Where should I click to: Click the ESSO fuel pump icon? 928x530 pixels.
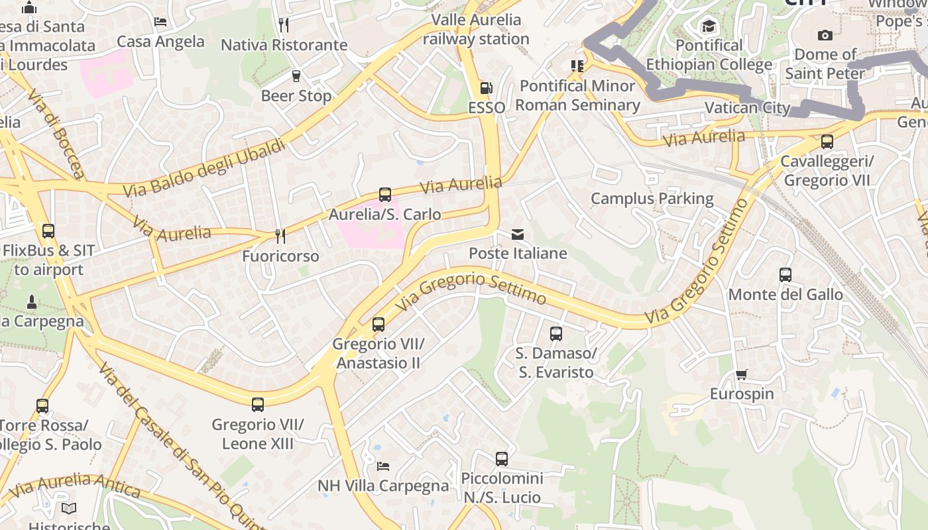pyautogui.click(x=486, y=88)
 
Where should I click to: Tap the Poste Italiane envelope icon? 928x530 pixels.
pyautogui.click(x=517, y=235)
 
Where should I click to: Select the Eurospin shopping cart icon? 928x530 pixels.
pyautogui.click(x=742, y=375)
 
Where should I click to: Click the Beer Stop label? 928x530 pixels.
pyautogui.click(x=296, y=96)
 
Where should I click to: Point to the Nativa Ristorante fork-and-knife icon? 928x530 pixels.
pyautogui.click(x=284, y=25)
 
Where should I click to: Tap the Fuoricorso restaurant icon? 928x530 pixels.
pyautogui.click(x=280, y=237)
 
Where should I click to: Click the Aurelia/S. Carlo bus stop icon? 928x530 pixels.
pyautogui.click(x=385, y=195)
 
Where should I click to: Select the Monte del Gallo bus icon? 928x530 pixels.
pyautogui.click(x=785, y=275)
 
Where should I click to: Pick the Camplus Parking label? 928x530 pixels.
pyautogui.click(x=652, y=199)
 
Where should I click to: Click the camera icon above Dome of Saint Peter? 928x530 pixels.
pyautogui.click(x=825, y=35)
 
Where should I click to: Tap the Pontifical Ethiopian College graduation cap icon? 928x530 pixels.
pyautogui.click(x=709, y=26)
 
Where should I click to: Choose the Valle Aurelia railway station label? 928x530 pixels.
pyautogui.click(x=476, y=29)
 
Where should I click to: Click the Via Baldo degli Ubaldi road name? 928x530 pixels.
pyautogui.click(x=205, y=168)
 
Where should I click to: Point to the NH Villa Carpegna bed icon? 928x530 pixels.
pyautogui.click(x=383, y=466)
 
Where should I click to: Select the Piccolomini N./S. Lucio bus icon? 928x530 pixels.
pyautogui.click(x=502, y=459)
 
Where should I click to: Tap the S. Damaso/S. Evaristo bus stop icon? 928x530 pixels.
pyautogui.click(x=556, y=334)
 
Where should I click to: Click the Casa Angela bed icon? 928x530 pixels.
pyautogui.click(x=160, y=22)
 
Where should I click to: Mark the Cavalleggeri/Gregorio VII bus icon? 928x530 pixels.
pyautogui.click(x=827, y=142)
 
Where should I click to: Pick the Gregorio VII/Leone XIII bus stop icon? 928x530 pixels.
pyautogui.click(x=258, y=405)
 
